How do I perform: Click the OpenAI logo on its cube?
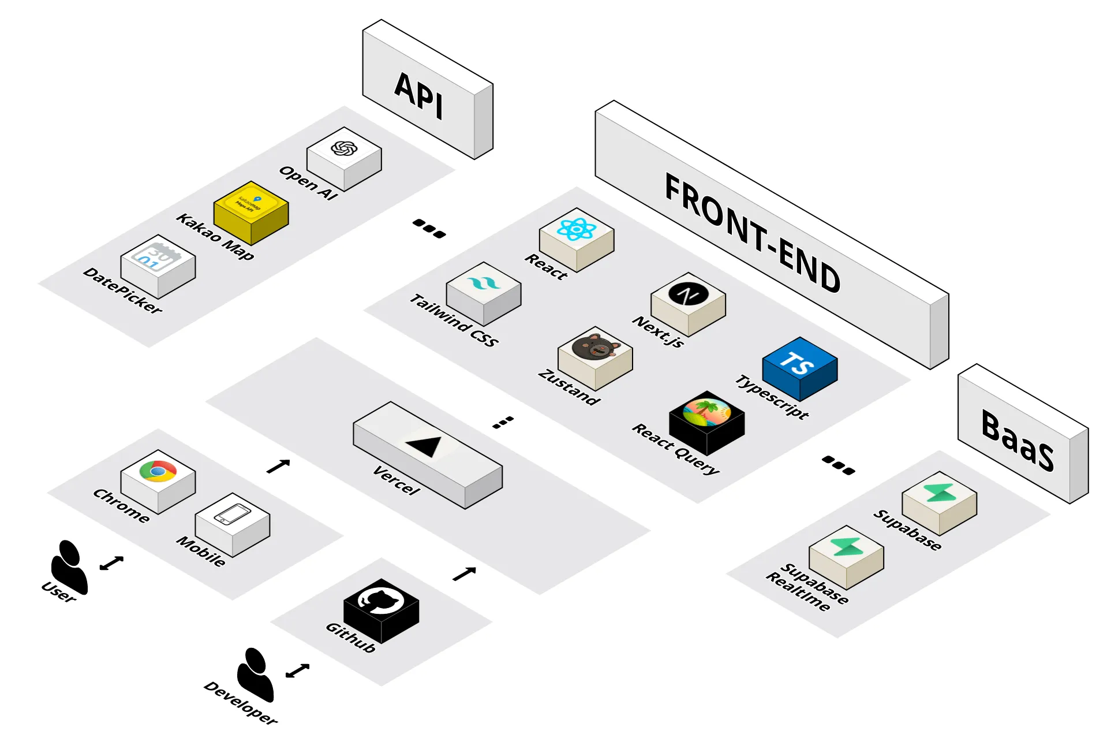344,148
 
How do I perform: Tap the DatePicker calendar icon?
156,256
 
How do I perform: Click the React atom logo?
576,229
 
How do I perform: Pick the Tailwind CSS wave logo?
483,284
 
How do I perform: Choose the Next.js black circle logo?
688,294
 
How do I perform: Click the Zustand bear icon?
595,347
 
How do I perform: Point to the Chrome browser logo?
158,471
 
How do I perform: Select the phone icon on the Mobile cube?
232,513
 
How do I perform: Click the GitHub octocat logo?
381,600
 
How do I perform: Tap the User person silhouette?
69,565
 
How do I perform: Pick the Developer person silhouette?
255,673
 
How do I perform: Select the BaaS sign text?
1018,440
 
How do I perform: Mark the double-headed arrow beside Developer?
298,670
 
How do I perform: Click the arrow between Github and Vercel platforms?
464,573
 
